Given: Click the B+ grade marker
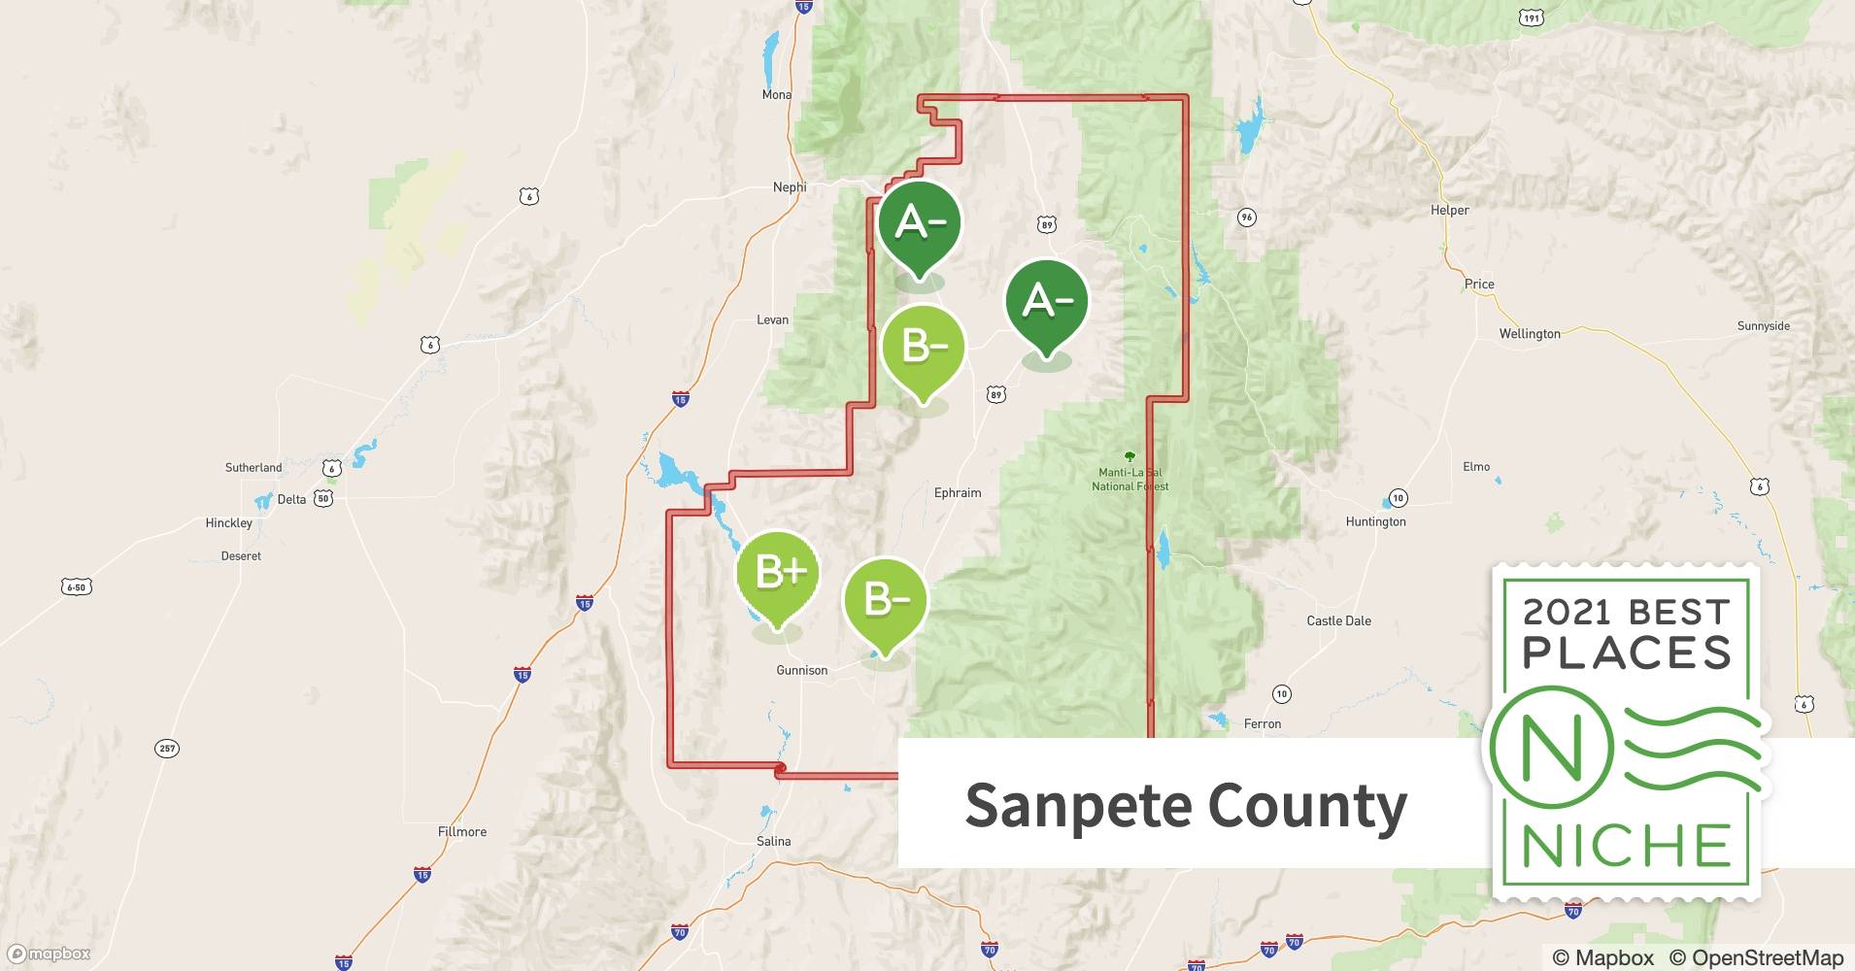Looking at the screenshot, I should (x=778, y=575).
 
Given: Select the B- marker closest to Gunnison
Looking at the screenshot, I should (x=885, y=601).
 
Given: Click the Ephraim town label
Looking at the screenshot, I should (x=958, y=493).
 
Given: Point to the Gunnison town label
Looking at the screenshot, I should (x=802, y=670).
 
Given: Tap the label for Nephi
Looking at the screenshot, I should (x=790, y=187).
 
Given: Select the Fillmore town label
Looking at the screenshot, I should (x=462, y=832).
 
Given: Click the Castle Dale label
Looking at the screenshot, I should (x=1338, y=621).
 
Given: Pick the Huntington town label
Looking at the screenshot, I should (x=1375, y=521).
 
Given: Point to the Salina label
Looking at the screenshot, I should (x=774, y=842).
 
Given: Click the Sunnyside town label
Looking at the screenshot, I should (x=1763, y=326).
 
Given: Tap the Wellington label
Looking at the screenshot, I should (x=1530, y=334).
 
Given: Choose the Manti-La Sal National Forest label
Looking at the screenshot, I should (x=1130, y=479).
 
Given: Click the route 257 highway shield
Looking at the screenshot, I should (x=167, y=749).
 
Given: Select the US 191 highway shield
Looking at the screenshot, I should (x=1531, y=18).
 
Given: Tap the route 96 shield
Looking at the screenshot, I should (x=1247, y=218).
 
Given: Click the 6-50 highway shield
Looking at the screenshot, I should (x=77, y=586).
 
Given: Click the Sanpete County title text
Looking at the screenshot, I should (x=1186, y=805).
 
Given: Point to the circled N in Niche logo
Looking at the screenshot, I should (x=1551, y=748).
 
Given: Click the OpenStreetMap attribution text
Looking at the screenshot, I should (x=1752, y=957).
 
